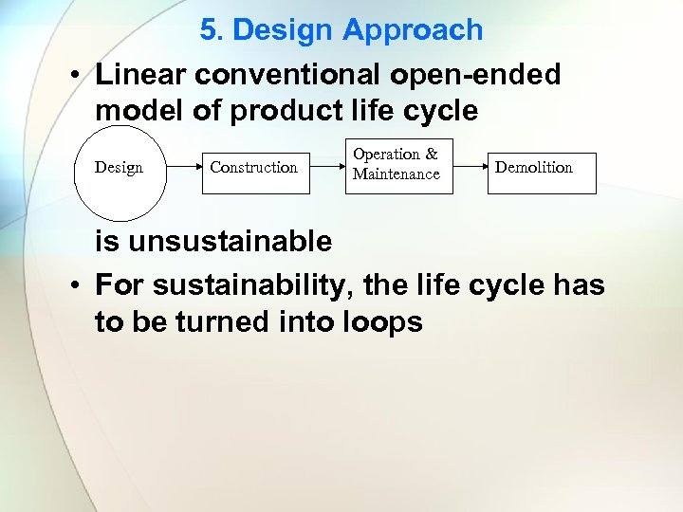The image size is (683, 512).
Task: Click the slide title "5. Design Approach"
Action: tap(341, 29)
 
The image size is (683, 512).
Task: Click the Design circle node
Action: tap(120, 169)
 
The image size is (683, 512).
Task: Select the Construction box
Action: tap(254, 169)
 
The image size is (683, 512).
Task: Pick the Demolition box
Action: tap(541, 169)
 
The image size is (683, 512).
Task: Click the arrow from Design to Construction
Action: tap(182, 169)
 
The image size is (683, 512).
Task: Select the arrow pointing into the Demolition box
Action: tap(470, 169)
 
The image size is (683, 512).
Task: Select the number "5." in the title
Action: tap(212, 29)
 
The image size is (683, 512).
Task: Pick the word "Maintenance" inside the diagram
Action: tap(397, 174)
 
